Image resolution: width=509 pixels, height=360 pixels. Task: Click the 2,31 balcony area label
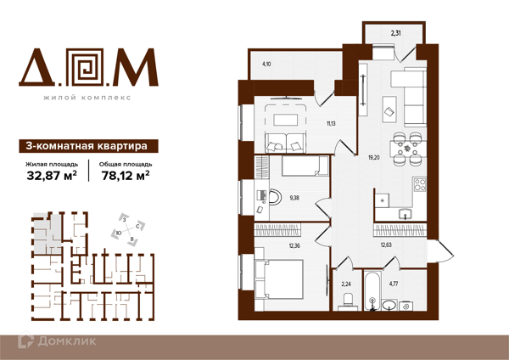[395, 32]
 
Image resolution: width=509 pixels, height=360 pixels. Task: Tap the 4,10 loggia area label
[266, 64]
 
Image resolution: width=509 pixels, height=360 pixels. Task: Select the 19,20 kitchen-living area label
[374, 158]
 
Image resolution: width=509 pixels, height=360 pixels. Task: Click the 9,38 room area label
[294, 198]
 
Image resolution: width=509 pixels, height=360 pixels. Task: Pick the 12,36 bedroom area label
[294, 246]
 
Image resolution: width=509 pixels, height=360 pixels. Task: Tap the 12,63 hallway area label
[386, 245]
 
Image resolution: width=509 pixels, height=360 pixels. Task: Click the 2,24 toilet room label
[346, 284]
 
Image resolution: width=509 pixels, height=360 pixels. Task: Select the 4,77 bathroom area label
[394, 284]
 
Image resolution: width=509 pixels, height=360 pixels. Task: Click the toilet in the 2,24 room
[348, 301]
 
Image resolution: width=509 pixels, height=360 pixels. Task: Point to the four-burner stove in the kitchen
[419, 184]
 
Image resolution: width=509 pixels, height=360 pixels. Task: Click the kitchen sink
[406, 214]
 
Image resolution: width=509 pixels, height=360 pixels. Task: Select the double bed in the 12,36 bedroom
[279, 278]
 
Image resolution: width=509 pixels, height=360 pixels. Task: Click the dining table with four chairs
[408, 149]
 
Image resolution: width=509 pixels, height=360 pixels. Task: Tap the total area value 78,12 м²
[126, 176]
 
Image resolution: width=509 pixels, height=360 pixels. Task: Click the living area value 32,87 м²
[52, 176]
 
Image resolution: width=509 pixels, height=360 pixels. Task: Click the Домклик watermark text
[67, 341]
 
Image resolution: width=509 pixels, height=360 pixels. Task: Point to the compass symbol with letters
[128, 229]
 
